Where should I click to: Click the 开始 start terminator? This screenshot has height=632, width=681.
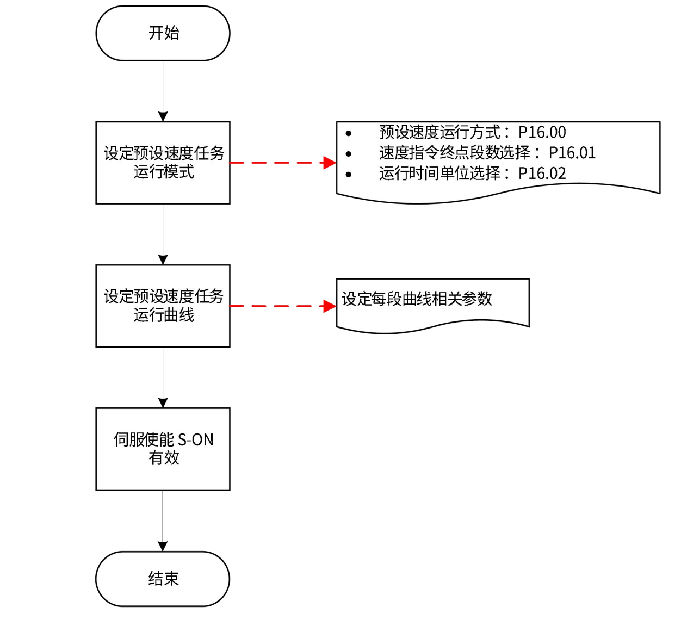pyautogui.click(x=163, y=33)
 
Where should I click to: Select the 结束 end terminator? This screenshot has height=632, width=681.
pyautogui.click(x=163, y=579)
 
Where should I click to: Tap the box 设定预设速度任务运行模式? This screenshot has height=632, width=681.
pyautogui.click(x=163, y=163)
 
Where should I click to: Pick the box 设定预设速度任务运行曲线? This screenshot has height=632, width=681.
pyautogui.click(x=163, y=306)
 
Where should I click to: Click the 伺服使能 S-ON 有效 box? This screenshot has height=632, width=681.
pyautogui.click(x=163, y=449)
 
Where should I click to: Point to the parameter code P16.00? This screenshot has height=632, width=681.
pyautogui.click(x=542, y=132)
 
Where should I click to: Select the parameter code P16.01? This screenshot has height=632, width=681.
pyautogui.click(x=572, y=153)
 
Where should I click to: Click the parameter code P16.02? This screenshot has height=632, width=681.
pyautogui.click(x=542, y=174)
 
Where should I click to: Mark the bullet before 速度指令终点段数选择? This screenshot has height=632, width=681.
pyautogui.click(x=348, y=154)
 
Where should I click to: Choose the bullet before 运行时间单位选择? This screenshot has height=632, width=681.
pyautogui.click(x=348, y=175)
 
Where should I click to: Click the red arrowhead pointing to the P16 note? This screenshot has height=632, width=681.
pyautogui.click(x=330, y=163)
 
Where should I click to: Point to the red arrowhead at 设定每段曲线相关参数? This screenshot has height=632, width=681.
pyautogui.click(x=330, y=306)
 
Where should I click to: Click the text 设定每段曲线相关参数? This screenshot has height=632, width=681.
pyautogui.click(x=417, y=299)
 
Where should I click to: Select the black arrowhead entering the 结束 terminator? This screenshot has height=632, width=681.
pyautogui.click(x=163, y=546)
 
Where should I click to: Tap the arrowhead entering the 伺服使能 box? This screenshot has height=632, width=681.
pyautogui.click(x=163, y=402)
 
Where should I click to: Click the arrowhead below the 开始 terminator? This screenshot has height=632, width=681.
pyautogui.click(x=163, y=116)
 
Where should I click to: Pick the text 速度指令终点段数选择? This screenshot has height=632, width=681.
pyautogui.click(x=454, y=153)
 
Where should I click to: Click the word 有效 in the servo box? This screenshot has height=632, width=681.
pyautogui.click(x=164, y=458)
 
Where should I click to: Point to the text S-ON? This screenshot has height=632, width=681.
pyautogui.click(x=196, y=439)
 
